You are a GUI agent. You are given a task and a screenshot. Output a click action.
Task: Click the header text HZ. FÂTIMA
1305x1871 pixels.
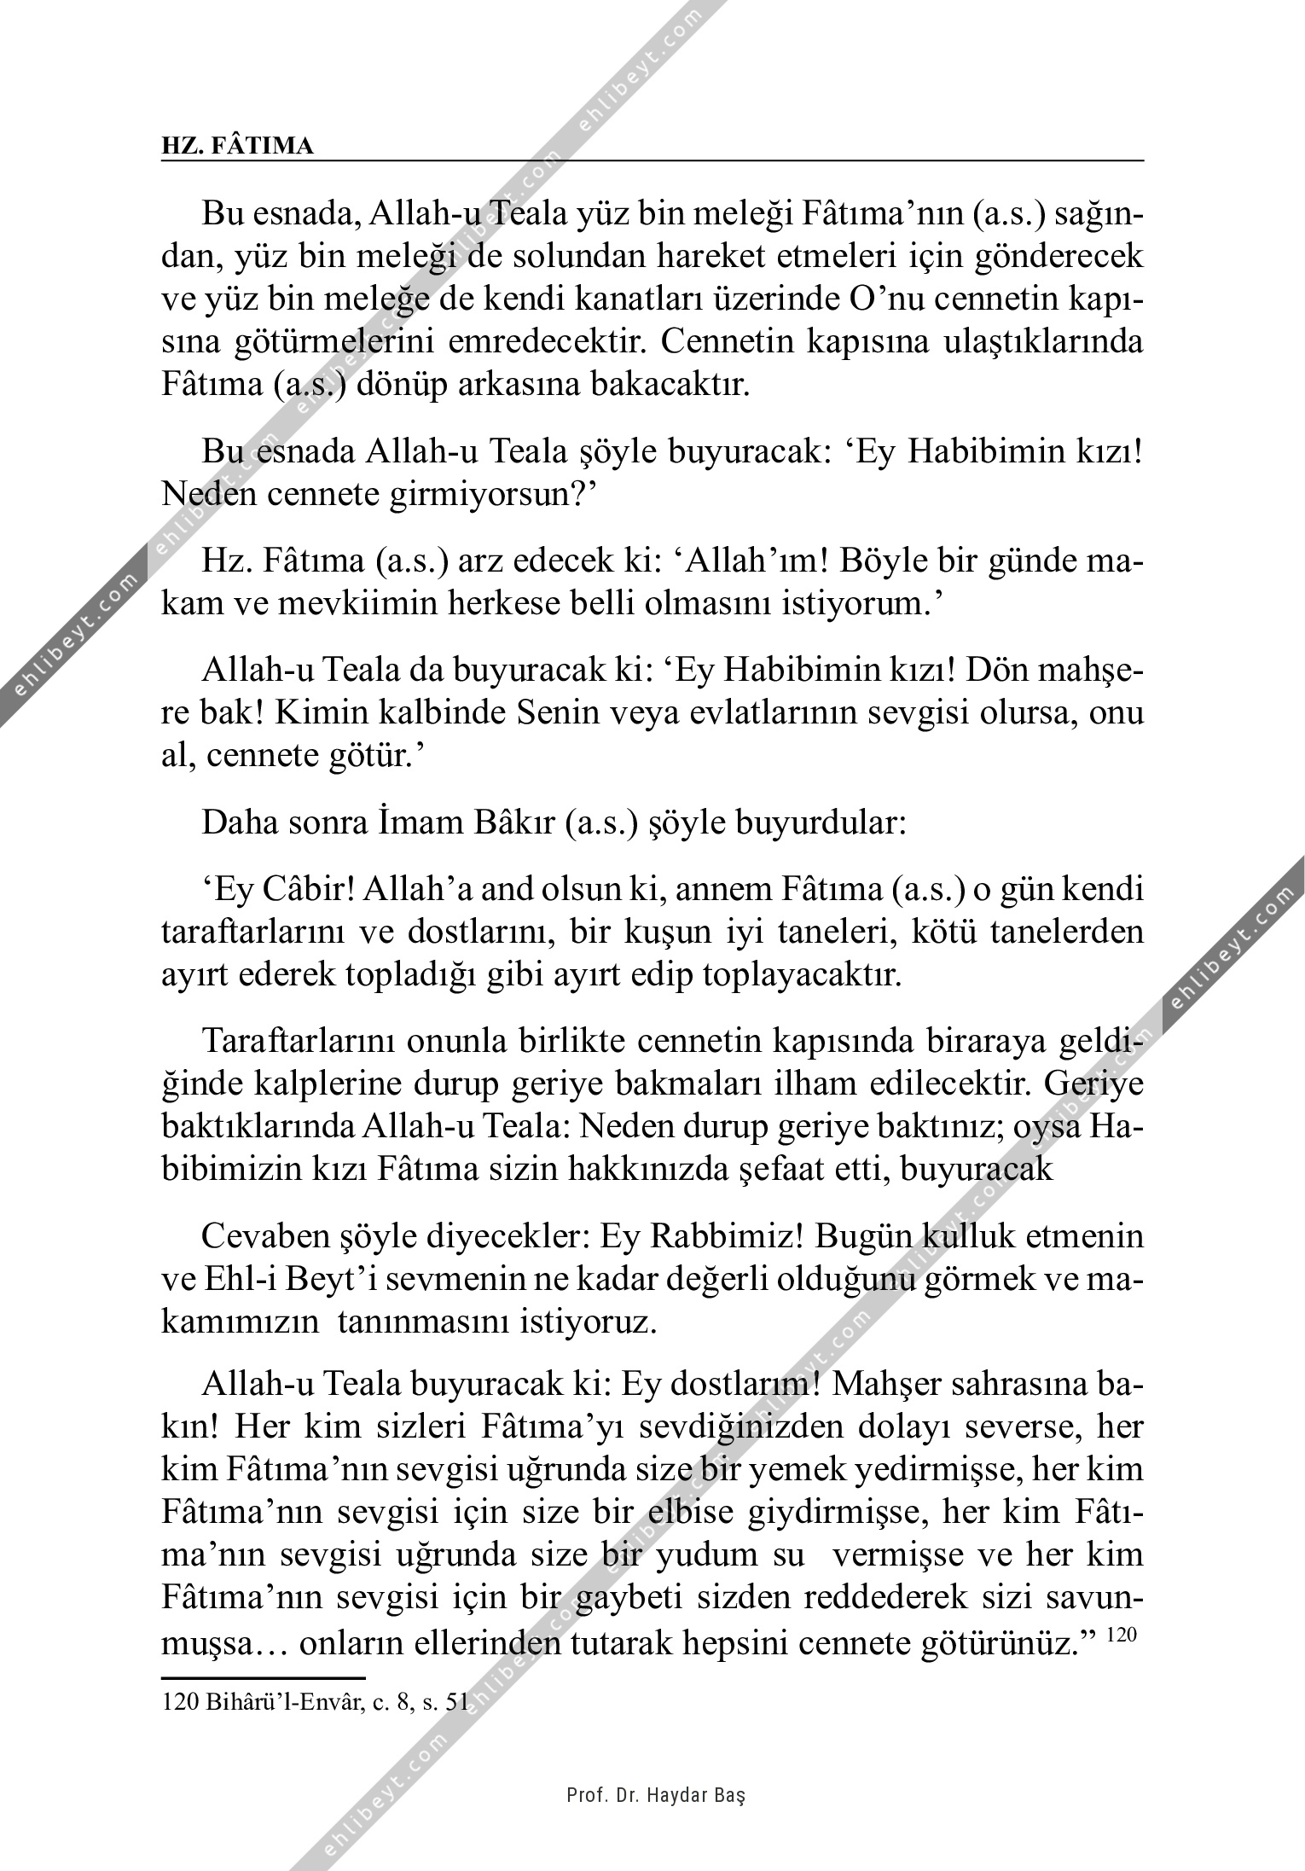pos(237,147)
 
